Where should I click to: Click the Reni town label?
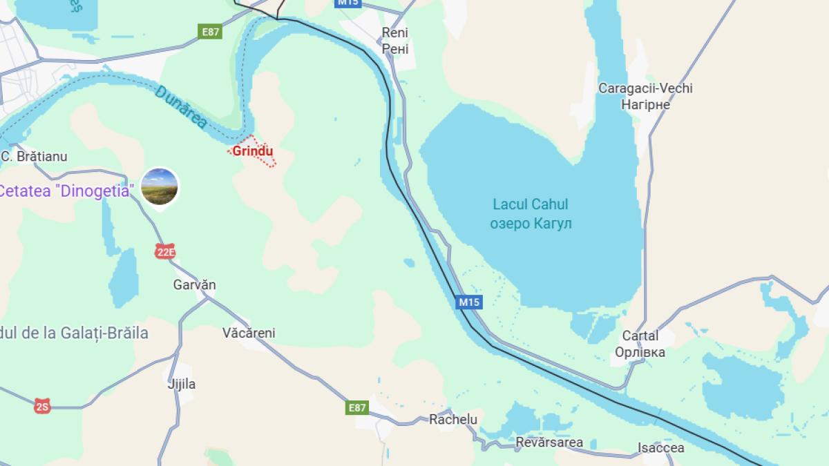[395, 32]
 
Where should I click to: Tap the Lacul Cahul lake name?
[530, 204]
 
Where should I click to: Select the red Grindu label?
[253, 151]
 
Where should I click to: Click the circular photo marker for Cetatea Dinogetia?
[160, 187]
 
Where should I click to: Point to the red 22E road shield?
[165, 252]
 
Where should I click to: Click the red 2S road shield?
[42, 407]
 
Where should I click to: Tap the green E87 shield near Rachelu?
[357, 407]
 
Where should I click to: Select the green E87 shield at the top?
[211, 32]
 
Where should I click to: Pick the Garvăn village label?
[194, 284]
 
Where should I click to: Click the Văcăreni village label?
[249, 333]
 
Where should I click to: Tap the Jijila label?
[182, 384]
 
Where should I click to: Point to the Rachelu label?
[453, 419]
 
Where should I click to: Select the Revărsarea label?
[549, 442]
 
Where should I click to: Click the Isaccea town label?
[660, 447]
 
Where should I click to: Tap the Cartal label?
[640, 336]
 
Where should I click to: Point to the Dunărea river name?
[181, 107]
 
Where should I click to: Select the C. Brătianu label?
[35, 157]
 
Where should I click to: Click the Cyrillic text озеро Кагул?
[531, 224]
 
